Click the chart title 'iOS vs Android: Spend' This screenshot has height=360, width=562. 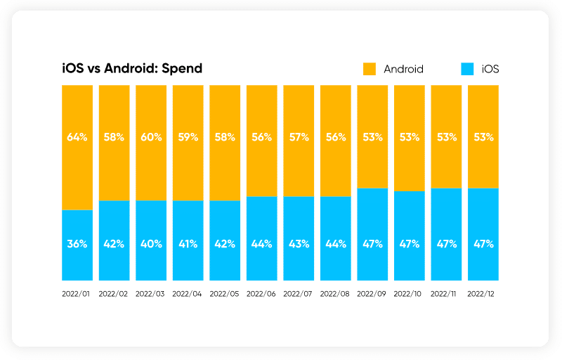(x=132, y=68)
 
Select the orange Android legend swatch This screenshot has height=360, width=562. (x=370, y=68)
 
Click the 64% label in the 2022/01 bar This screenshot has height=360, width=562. (x=77, y=137)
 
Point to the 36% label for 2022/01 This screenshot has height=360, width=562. (x=77, y=244)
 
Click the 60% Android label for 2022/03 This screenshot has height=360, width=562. (x=151, y=137)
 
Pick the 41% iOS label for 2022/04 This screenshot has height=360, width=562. (x=188, y=244)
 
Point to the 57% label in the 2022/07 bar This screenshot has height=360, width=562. (x=298, y=137)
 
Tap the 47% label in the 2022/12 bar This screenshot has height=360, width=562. (x=483, y=244)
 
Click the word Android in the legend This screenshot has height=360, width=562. (x=403, y=69)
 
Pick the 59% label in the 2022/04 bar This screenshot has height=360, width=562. (x=188, y=137)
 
